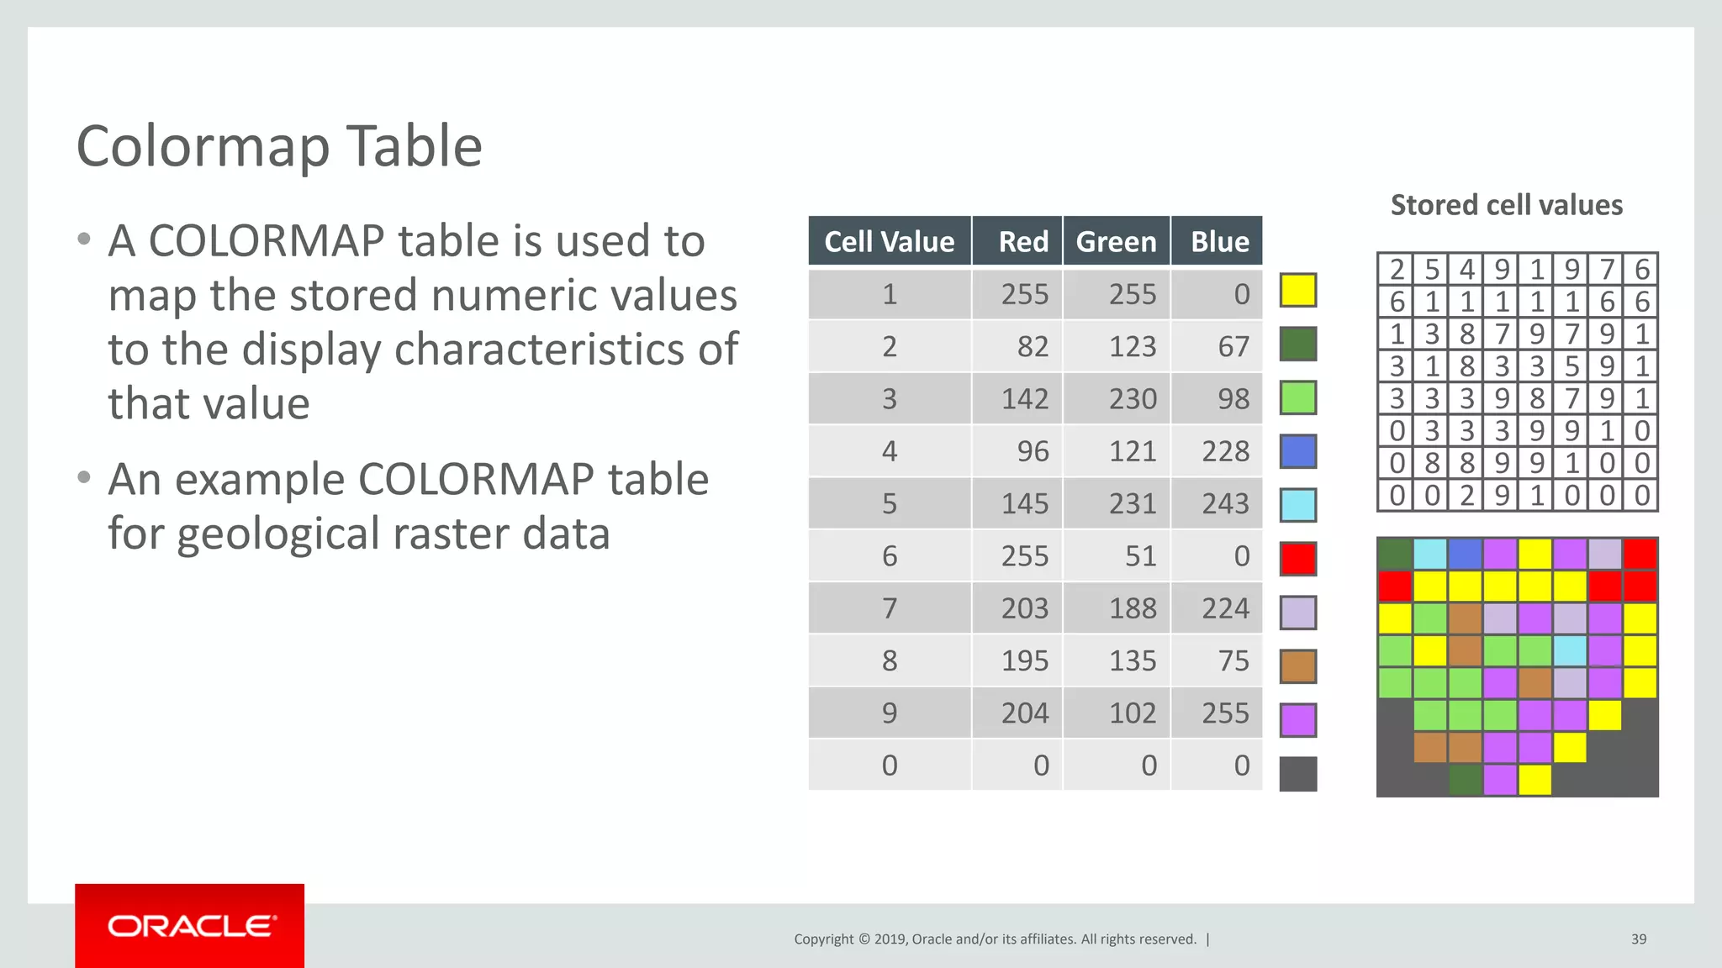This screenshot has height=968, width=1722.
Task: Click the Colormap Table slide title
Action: [279, 147]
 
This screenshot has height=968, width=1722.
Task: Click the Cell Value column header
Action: [889, 242]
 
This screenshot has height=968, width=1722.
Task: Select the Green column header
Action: [1116, 242]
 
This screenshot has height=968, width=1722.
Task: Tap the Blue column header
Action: [1219, 242]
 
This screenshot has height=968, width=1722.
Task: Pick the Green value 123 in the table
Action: [1132, 347]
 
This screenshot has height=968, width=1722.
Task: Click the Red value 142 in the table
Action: [1024, 399]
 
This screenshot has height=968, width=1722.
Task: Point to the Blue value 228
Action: [1225, 452]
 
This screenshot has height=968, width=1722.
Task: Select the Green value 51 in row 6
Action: [1140, 556]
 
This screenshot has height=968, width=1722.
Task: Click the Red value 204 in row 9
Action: [1024, 713]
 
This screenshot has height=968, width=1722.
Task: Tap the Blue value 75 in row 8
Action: [1233, 661]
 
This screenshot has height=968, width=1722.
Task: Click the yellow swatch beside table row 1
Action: [1297, 291]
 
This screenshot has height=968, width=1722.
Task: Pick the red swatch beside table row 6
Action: [1297, 559]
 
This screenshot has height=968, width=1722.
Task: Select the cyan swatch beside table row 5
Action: [1297, 505]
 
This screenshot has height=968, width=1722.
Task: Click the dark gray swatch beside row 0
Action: [1297, 774]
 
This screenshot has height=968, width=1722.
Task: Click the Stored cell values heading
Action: [1506, 206]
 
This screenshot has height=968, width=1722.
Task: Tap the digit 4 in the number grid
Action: [1466, 270]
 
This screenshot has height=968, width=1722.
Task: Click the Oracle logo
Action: [190, 926]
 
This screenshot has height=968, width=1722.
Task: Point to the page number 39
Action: [1638, 939]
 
